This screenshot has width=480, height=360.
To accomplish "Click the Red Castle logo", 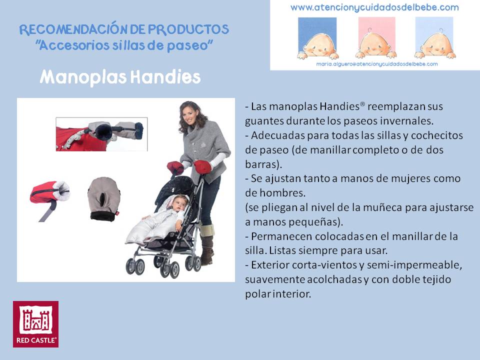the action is point(36,324).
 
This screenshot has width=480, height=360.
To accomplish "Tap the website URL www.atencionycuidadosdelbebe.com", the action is point(374,7).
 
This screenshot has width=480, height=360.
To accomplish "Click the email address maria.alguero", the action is point(377,64).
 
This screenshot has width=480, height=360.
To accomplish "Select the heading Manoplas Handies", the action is point(120,77).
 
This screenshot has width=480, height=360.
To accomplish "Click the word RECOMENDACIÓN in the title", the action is point(73,29).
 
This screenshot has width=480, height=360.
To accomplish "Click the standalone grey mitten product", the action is point(104,198).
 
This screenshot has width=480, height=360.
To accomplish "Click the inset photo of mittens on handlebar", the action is point(101,134).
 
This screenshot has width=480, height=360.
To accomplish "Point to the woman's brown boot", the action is point(207,245).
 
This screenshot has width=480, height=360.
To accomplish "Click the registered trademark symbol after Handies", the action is point(362,104).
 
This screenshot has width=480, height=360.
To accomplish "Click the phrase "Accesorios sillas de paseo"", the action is point(124,45).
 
